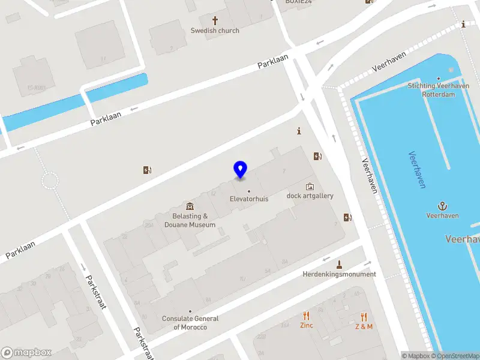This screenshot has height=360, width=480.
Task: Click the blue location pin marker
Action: (x=240, y=169)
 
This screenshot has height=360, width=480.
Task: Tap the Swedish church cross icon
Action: (x=215, y=20)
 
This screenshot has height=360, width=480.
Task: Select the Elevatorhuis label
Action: (x=249, y=199)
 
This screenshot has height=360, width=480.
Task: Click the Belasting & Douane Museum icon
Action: (x=190, y=206)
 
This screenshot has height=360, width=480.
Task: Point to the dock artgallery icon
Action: (x=310, y=186)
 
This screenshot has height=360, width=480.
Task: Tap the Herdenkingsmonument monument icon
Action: (x=339, y=265)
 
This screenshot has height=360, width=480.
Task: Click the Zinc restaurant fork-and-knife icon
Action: (x=306, y=316)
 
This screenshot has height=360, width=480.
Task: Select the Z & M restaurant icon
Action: (x=364, y=317)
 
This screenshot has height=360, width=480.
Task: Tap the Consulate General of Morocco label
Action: (x=190, y=323)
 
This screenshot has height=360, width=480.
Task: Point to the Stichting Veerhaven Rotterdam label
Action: (x=438, y=90)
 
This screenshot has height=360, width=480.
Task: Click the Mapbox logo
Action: (x=26, y=353)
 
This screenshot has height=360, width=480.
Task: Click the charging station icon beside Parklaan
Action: (x=147, y=170)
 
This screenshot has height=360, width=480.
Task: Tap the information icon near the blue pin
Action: (x=299, y=131)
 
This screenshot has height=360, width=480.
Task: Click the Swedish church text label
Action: (x=215, y=31)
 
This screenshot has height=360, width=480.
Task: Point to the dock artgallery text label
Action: (x=310, y=196)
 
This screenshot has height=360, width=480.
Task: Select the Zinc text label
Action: (x=306, y=326)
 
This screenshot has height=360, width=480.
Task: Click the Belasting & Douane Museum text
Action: (x=190, y=220)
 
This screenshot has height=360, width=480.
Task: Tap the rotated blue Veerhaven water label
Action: (x=417, y=170)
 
